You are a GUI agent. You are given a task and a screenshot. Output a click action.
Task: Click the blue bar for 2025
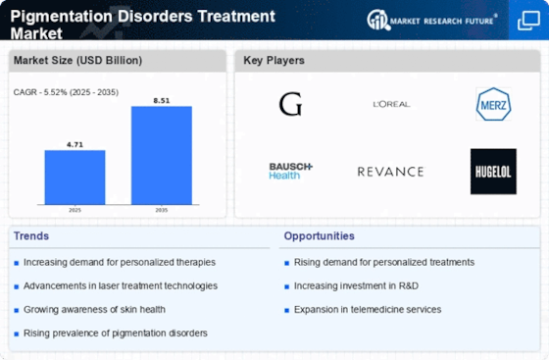coord(75,178)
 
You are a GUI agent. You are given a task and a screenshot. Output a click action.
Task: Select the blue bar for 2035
coord(162,155)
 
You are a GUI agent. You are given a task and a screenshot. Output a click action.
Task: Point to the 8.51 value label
coord(162,101)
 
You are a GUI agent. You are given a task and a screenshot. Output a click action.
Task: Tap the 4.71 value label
coord(75,144)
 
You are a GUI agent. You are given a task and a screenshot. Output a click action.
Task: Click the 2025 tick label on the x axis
coord(75,210)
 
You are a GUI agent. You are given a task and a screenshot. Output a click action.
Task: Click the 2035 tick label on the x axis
coord(162,210)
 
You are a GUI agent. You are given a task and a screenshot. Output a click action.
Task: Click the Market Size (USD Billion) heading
coord(77,60)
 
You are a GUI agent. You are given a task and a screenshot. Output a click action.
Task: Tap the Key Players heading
coord(274,60)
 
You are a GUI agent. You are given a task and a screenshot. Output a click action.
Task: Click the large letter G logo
coord(290,104)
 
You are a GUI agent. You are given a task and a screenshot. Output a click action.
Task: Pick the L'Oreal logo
coord(391,104)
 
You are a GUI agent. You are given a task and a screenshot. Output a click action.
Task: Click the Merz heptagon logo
coord(493,104)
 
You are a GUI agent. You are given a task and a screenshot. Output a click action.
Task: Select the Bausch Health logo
coord(290,171)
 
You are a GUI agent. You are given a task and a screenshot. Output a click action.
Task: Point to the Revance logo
coord(390,172)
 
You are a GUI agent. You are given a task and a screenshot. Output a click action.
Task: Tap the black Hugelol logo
coord(493,172)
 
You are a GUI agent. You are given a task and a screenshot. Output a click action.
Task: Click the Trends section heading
coord(31,236)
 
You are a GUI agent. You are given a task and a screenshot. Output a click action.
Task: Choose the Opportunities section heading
coord(319,236)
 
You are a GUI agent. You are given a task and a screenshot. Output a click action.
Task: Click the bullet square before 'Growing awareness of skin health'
coord(16,310)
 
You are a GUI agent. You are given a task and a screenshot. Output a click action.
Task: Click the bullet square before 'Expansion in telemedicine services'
coord(286,310)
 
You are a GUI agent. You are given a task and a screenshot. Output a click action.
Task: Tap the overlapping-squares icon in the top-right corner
coord(528,21)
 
